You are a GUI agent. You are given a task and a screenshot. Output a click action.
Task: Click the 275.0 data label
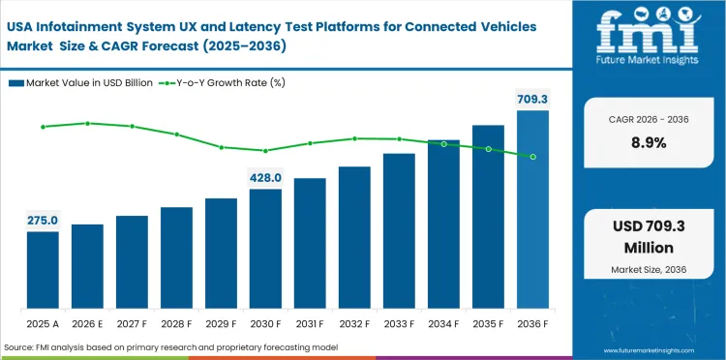(43, 221)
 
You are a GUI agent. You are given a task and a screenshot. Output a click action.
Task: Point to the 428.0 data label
(265, 178)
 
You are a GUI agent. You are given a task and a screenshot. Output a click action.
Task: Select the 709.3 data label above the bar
(532, 99)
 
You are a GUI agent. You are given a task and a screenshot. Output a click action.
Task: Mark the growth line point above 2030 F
(265, 150)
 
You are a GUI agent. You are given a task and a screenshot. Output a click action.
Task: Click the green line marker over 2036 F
(532, 157)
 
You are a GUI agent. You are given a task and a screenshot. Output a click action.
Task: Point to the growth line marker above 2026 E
(87, 123)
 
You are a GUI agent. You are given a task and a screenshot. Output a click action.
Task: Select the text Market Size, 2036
(648, 268)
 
